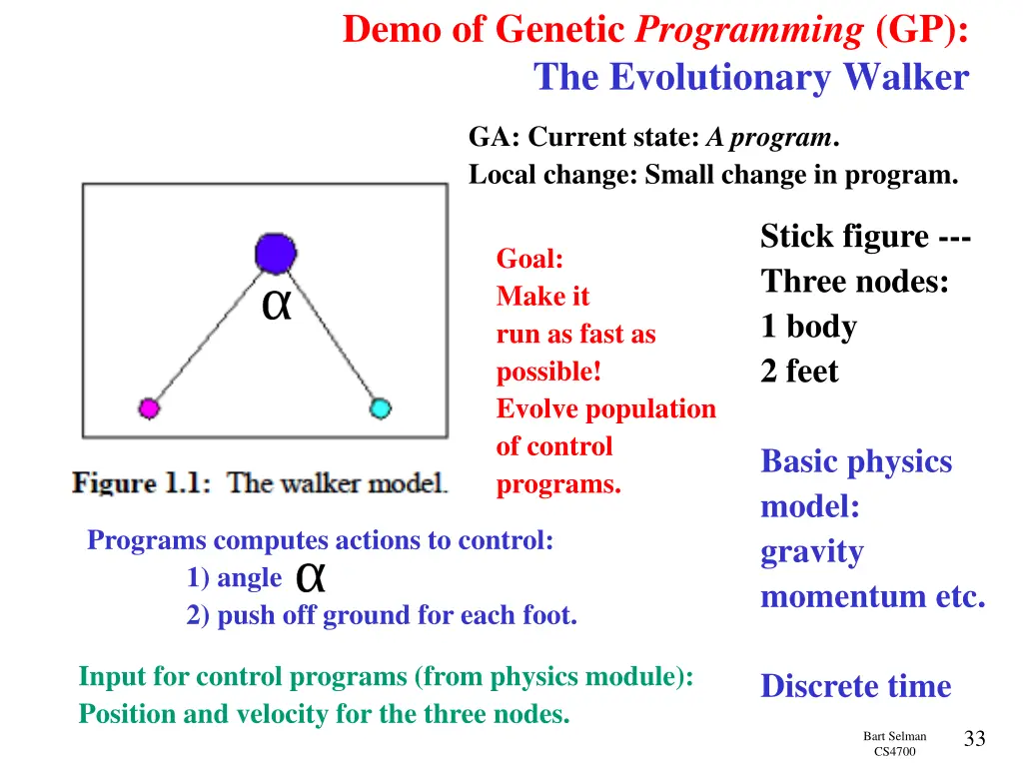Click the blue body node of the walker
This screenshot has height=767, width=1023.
275,254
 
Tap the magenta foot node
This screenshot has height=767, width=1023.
149,407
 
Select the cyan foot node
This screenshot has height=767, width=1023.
380,407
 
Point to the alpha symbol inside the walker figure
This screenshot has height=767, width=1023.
276,307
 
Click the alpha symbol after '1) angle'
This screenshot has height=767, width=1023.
312,577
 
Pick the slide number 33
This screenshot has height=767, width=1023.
974,739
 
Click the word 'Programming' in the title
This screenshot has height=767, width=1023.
749,31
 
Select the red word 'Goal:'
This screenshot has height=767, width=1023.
529,260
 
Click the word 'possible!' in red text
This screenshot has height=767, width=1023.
548,373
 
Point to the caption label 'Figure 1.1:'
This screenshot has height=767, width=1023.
141,484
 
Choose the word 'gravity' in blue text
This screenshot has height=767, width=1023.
812,552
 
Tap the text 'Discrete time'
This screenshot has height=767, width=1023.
855,686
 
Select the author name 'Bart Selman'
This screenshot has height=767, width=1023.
894,736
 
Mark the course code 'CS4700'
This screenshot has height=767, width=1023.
894,752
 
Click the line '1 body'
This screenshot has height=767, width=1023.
808,327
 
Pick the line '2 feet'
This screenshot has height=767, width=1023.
799,372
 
